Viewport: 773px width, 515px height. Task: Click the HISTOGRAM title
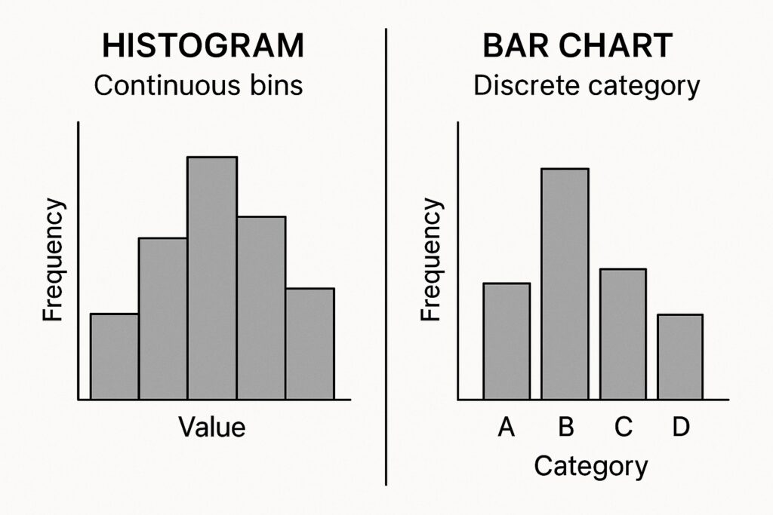point(202,46)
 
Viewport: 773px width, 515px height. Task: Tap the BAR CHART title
point(577,46)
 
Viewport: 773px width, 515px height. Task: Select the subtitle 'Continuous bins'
point(198,85)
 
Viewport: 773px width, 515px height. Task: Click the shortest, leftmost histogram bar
point(114,356)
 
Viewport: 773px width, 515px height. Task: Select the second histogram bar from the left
point(163,318)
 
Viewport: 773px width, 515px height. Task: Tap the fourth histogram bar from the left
point(261,308)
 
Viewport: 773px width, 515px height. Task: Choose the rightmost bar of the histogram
point(310,343)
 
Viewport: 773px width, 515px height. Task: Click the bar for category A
point(507,341)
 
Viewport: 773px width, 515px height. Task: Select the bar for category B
point(565,284)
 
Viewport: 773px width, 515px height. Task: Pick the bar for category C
point(623,333)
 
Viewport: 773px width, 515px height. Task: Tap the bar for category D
point(680,357)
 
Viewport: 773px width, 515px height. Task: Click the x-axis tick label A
point(507,428)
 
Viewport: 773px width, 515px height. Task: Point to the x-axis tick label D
point(681,428)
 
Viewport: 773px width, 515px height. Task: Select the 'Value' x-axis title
point(212,427)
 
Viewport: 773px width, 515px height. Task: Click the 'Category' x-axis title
point(590,466)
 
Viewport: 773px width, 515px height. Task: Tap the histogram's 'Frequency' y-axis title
point(53,259)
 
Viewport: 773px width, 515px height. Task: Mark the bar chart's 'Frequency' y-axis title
point(431,259)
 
